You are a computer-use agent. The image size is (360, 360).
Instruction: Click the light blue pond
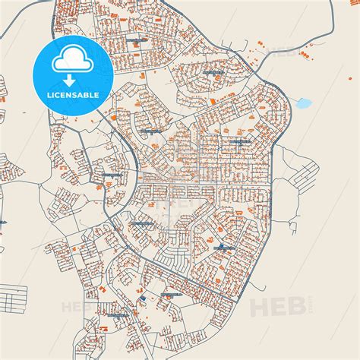(305, 102)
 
